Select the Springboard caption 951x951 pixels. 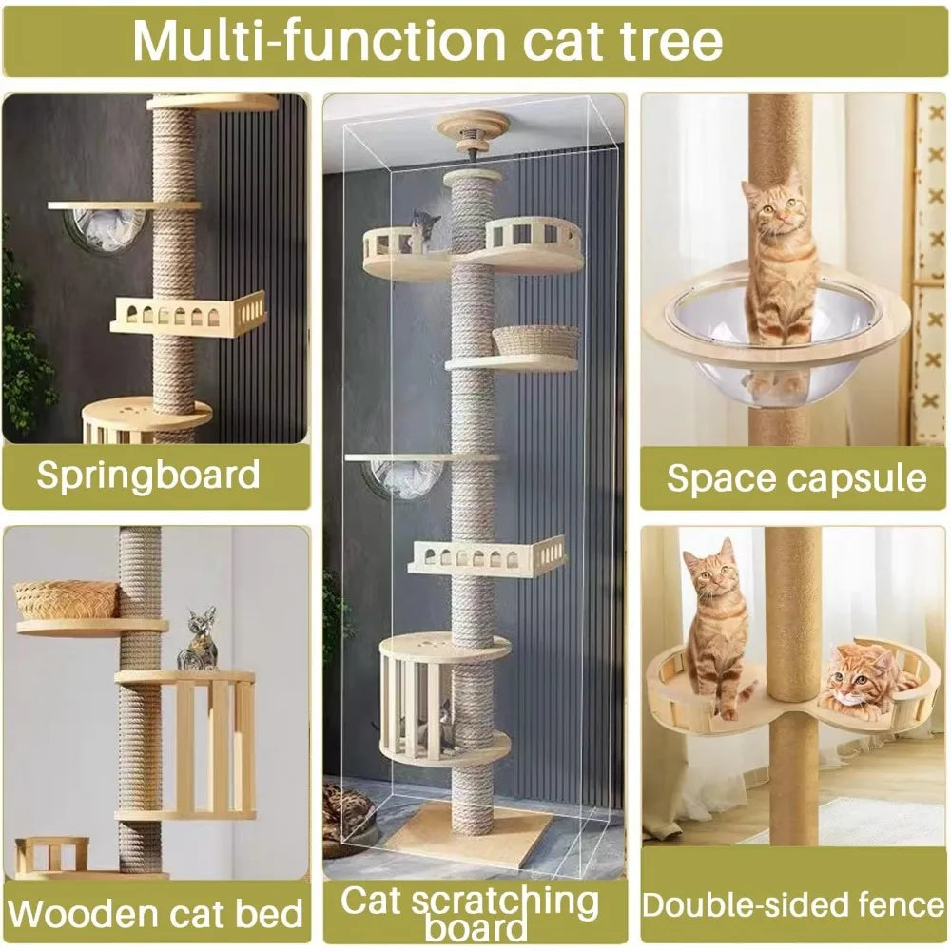tap(148, 474)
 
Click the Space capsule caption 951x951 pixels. tap(796, 477)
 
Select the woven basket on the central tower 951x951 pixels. tap(536, 340)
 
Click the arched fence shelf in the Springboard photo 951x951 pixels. tap(189, 314)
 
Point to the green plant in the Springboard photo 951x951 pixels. tap(24, 352)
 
